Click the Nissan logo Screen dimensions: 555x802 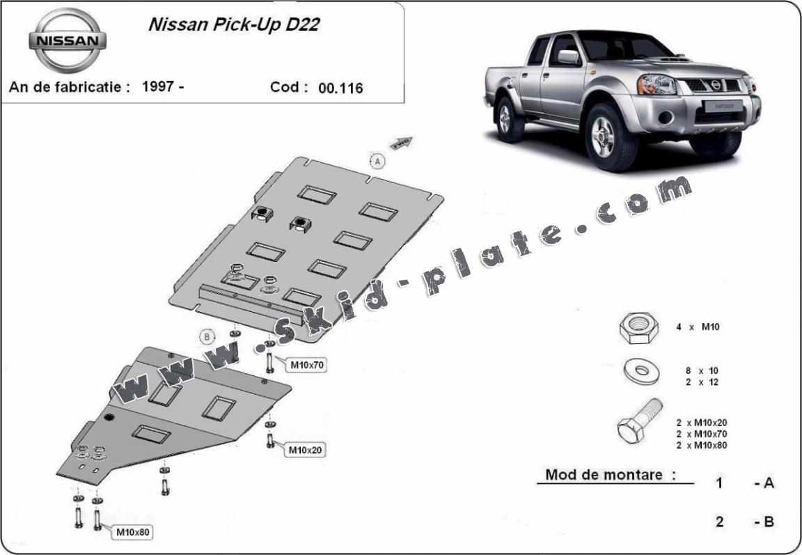pyautogui.click(x=67, y=40)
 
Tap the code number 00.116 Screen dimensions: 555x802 pyautogui.click(x=340, y=88)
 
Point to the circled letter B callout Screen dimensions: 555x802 pyautogui.click(x=207, y=336)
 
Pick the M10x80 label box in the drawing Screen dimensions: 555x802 pyautogui.click(x=132, y=533)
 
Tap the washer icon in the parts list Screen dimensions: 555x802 pyautogui.click(x=642, y=372)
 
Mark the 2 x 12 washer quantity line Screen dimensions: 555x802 pyautogui.click(x=701, y=382)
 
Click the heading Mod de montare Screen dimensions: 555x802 pyautogui.click(x=611, y=475)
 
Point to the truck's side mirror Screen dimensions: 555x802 pyautogui.click(x=567, y=56)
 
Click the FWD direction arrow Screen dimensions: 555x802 pyautogui.click(x=402, y=144)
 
